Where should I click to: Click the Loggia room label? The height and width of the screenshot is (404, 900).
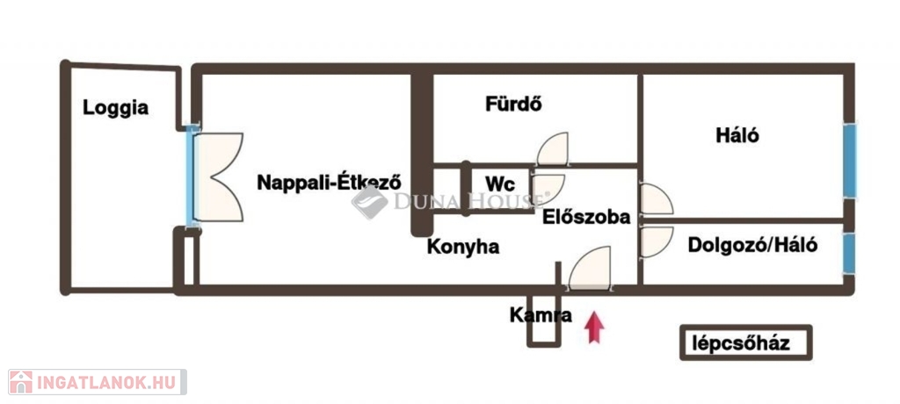click(x=115, y=108)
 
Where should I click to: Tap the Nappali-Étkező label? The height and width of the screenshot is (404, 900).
click(x=329, y=182)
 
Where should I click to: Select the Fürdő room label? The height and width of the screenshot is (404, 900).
click(x=514, y=104)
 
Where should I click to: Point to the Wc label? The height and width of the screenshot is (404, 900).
click(x=500, y=184)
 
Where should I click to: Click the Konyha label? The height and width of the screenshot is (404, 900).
click(x=463, y=247)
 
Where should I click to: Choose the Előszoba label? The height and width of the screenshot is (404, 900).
click(x=586, y=217)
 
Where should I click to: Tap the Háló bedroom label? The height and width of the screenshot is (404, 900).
click(x=737, y=135)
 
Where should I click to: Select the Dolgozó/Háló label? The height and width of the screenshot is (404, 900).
click(x=752, y=246)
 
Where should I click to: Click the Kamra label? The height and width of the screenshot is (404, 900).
click(x=541, y=315)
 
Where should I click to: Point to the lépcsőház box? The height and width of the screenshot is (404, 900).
click(x=746, y=343)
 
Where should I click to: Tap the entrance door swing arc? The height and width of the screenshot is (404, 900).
click(x=591, y=268)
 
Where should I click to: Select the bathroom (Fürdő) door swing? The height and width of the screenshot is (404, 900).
click(x=553, y=148)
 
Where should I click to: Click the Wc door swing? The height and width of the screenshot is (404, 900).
click(x=548, y=188)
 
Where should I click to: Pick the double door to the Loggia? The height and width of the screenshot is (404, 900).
click(x=218, y=177)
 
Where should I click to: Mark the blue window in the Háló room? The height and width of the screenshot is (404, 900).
click(x=850, y=161)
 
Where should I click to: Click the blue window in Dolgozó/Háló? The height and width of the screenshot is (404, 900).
click(x=850, y=253)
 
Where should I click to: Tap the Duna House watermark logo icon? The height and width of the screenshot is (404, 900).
click(x=370, y=202)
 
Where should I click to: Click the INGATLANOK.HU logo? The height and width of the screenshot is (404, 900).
click(x=97, y=382)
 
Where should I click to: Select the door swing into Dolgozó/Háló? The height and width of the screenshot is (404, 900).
click(x=656, y=242)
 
